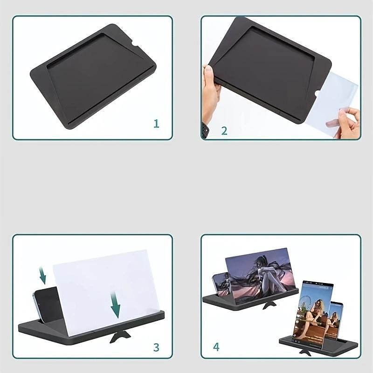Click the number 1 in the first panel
tap(156, 124)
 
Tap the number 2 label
tap(224, 131)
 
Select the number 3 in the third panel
tap(156, 347)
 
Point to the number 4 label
tap(216, 347)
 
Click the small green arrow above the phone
tap(43, 276)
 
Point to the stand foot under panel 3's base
tap(120, 337)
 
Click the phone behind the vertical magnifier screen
tap(334, 320)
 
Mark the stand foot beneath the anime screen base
tap(269, 305)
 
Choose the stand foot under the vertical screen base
tap(305, 353)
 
